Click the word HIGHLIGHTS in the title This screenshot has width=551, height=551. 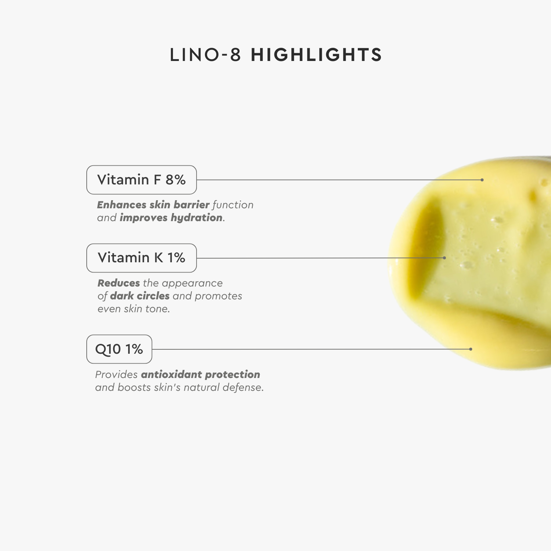click(x=316, y=55)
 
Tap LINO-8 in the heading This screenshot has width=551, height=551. click(x=205, y=55)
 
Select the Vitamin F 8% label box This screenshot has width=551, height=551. click(x=141, y=180)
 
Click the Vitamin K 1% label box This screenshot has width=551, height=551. click(x=141, y=258)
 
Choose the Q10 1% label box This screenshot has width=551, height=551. click(x=119, y=349)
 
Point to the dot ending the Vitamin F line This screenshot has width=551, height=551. click(x=482, y=180)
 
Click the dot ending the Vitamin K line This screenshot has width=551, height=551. click(x=444, y=258)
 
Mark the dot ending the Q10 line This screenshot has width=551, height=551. click(x=471, y=349)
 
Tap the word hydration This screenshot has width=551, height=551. click(x=197, y=218)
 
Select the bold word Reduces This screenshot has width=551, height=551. click(x=119, y=283)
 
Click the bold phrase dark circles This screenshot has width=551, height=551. click(x=140, y=296)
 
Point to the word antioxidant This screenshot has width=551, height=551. click(x=172, y=374)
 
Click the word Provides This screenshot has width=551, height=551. click(x=116, y=374)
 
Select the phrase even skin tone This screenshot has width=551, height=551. click(x=134, y=309)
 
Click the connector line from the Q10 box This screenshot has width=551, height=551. click(x=311, y=349)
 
